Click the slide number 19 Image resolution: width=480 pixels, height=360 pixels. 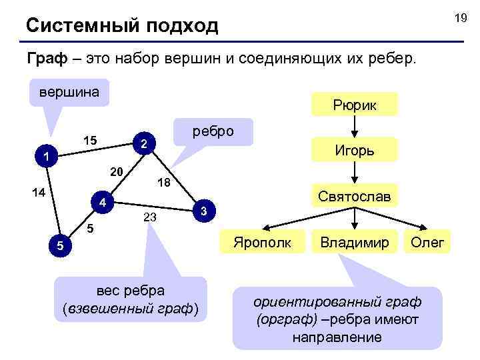point(460,19)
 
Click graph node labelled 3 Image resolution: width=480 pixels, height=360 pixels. point(205,211)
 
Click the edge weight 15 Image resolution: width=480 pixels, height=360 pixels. point(91,141)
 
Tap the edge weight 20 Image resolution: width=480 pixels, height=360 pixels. point(117,172)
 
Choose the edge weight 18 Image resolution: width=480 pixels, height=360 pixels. point(163,183)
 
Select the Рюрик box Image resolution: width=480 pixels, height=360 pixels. point(355,105)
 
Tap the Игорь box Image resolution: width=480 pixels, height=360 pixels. point(355,150)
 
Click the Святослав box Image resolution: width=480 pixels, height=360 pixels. point(355,196)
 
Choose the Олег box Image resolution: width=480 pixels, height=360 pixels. point(427,241)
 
